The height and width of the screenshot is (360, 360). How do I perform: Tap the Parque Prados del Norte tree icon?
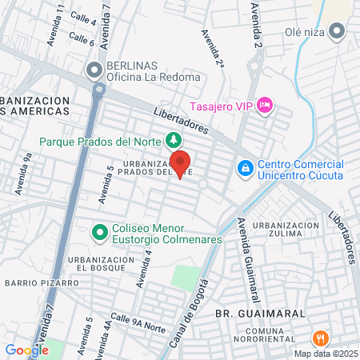[173, 141]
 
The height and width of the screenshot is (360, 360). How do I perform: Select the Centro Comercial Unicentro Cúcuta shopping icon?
[246, 169]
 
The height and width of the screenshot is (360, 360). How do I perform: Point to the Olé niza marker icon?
[337, 33]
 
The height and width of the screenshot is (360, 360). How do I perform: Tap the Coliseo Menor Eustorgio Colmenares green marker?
[99, 232]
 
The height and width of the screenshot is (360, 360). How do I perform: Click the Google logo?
[26, 350]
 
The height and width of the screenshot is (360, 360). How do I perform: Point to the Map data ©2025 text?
[324, 354]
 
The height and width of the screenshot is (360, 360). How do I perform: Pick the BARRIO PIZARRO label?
[42, 282]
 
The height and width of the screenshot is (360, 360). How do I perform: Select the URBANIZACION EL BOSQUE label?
[101, 266]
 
